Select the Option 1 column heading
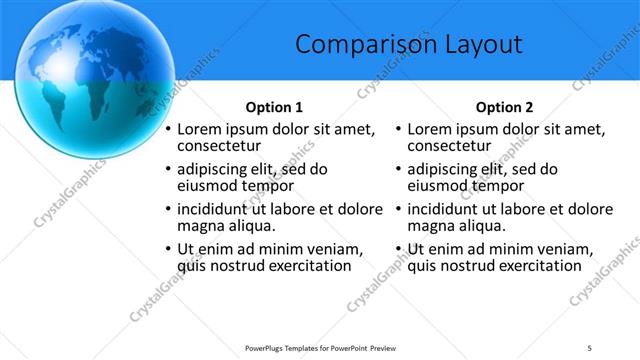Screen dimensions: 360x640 pos(274,107)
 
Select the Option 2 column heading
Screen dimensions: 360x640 pos(504,107)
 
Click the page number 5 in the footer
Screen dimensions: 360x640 pos(590,346)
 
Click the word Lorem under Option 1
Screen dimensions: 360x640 pos(200,129)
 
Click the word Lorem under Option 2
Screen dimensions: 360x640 pos(430,129)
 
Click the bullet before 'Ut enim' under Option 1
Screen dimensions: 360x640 pos(168,249)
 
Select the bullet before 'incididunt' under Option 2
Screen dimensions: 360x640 pos(398,209)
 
